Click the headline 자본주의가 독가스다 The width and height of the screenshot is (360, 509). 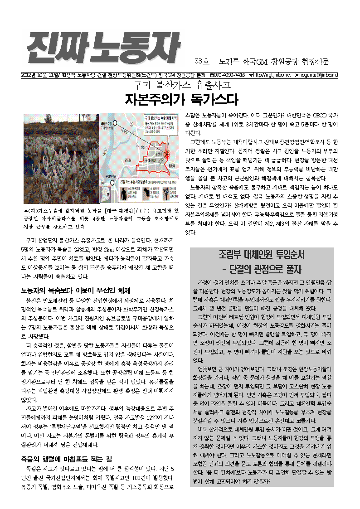pyautogui.click(x=181, y=99)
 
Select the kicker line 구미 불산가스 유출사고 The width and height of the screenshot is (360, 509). pyautogui.click(x=181, y=85)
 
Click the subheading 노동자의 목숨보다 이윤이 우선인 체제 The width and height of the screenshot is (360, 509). pyautogui.click(x=76, y=291)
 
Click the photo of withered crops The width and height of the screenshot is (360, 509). pyautogui.click(x=61, y=159)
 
